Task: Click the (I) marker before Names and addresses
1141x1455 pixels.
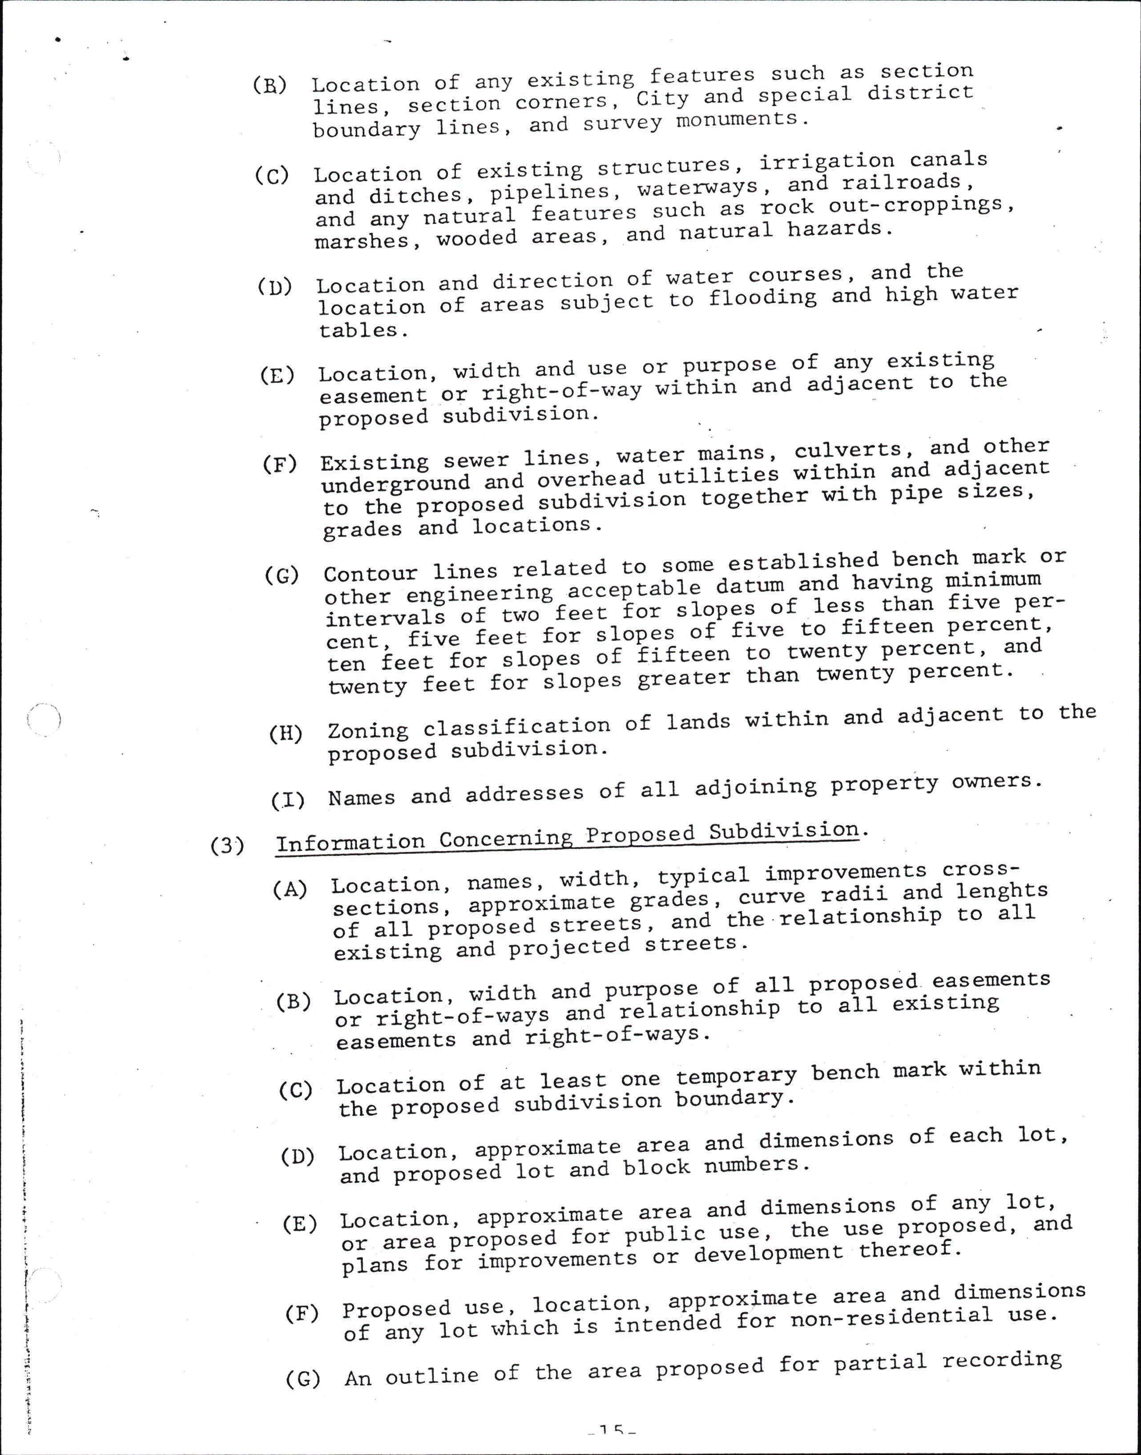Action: tap(288, 799)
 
